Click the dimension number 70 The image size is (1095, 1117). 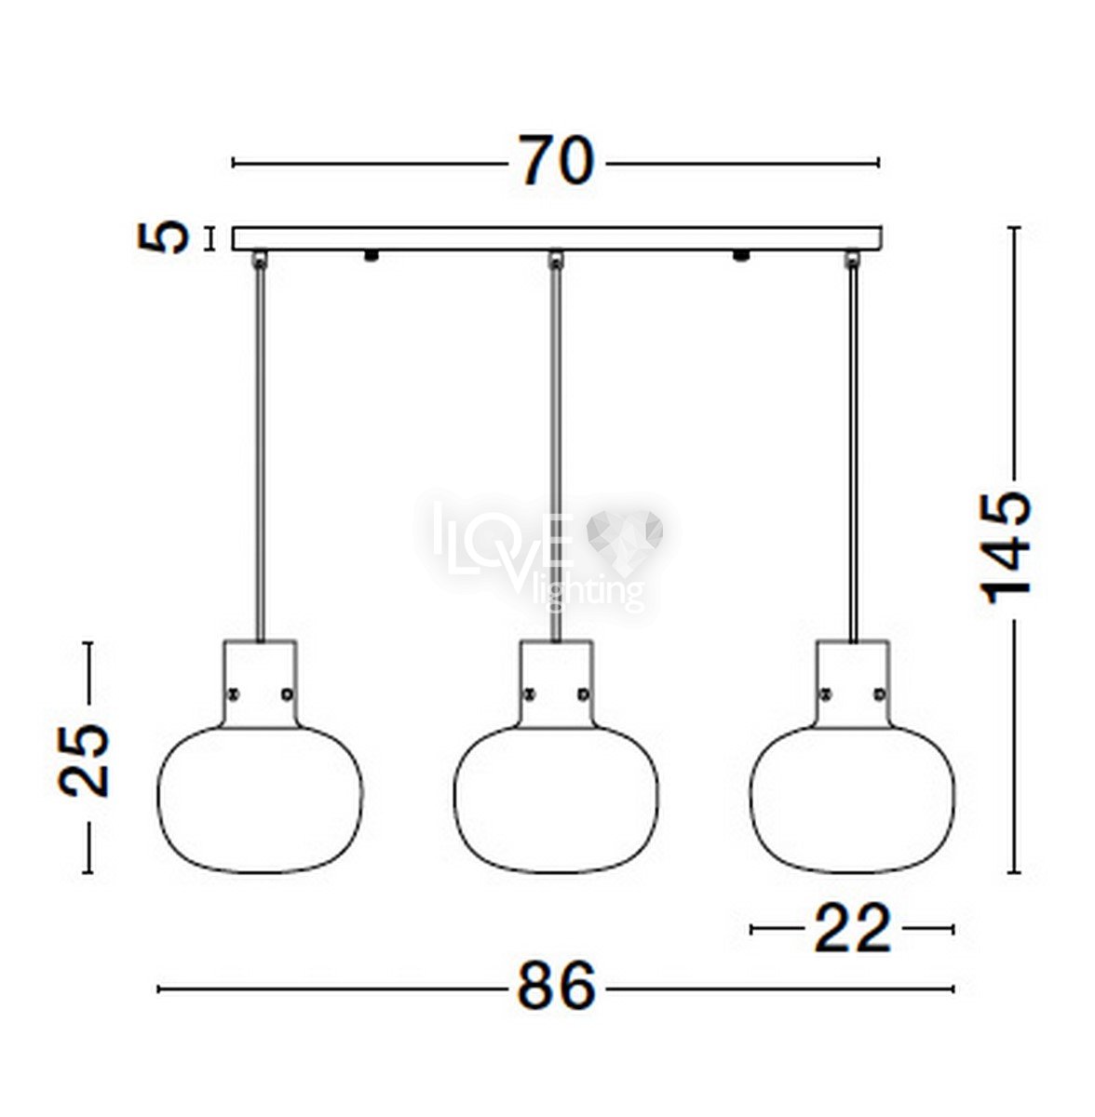pos(556,161)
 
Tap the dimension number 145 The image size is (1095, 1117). pos(1006,548)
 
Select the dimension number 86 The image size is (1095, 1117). pos(556,986)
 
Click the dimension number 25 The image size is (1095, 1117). pos(84,760)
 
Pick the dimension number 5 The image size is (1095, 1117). pos(164,237)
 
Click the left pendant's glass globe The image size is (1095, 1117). pos(261,799)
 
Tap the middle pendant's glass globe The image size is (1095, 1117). pos(556,799)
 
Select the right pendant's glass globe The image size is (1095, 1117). pos(852,799)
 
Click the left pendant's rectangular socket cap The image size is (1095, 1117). pos(261,683)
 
